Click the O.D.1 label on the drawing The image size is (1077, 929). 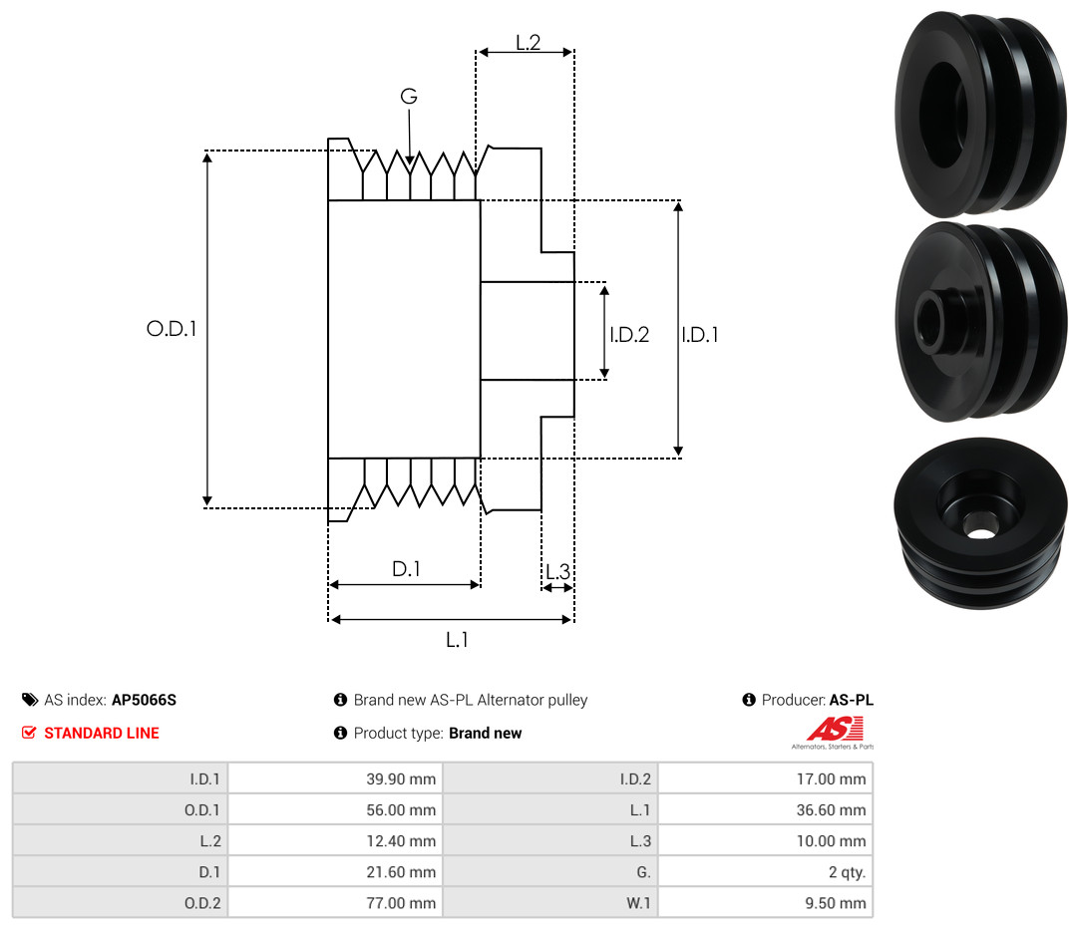(172, 329)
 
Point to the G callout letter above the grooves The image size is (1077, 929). (409, 96)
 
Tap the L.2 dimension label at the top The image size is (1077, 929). (529, 43)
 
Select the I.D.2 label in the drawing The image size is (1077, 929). (629, 334)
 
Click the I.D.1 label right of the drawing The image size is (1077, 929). (700, 334)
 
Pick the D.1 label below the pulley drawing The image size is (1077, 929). (406, 568)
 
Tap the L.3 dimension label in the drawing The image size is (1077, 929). (557, 571)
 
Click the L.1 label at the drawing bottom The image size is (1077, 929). (457, 640)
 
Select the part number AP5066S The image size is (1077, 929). (145, 700)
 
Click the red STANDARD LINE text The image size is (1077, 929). (102, 733)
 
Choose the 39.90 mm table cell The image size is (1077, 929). (401, 778)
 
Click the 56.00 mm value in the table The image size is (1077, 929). (401, 809)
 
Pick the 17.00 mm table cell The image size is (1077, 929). (831, 778)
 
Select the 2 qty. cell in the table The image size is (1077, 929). (847, 872)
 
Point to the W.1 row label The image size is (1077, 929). (638, 903)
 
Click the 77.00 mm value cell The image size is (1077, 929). (401, 903)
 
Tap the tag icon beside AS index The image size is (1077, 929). (30, 700)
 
